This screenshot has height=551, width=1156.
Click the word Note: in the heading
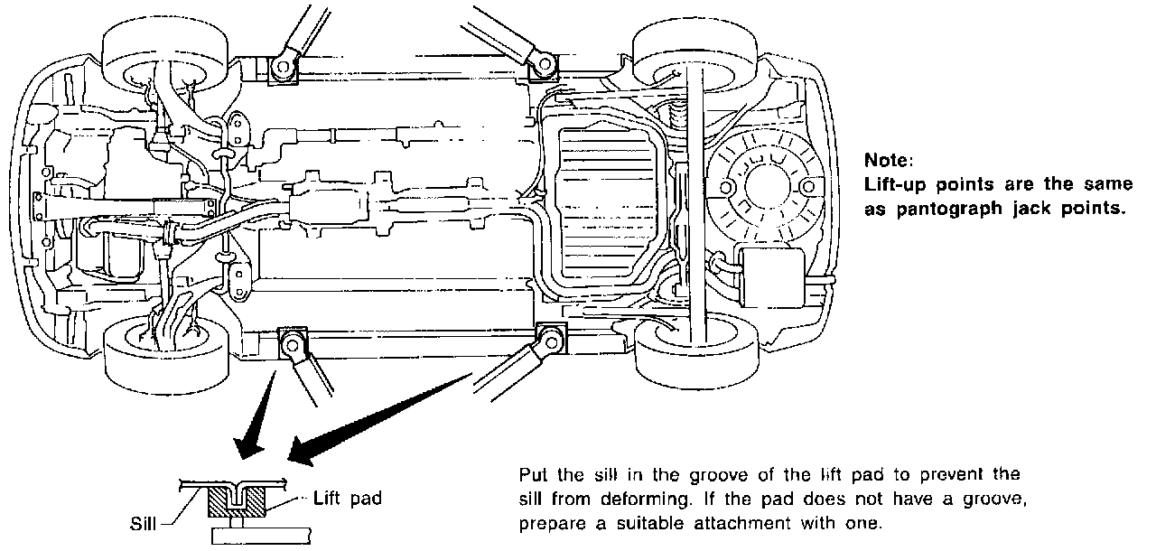point(890,161)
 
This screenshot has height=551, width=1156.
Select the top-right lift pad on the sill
point(543,64)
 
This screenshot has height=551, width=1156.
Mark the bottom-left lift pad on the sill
point(293,342)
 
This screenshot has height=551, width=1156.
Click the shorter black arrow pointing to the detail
point(256,416)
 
